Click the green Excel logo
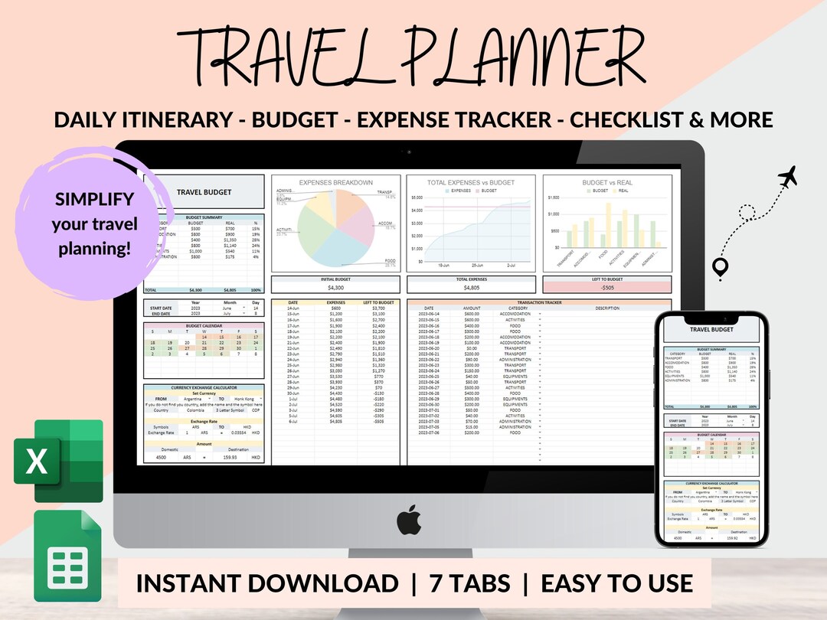point(57,462)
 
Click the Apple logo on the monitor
point(409,520)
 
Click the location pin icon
point(720,269)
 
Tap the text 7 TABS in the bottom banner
point(469,583)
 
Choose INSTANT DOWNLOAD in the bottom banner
point(266,583)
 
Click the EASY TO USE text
point(616,583)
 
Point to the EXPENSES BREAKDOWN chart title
point(336,183)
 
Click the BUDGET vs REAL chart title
point(606,184)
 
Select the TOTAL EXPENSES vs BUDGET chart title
point(471,183)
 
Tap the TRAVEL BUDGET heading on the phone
point(711,329)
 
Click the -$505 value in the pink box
point(606,288)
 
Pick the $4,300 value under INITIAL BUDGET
point(336,288)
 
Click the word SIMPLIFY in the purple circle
point(94,200)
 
